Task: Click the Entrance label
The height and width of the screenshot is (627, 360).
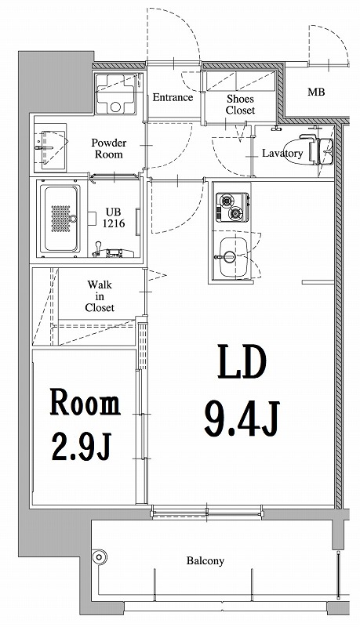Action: [173, 97]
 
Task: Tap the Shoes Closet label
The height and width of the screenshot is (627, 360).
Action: [240, 104]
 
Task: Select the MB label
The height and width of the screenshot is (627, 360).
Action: [316, 92]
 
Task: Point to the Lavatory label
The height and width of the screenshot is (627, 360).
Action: [282, 153]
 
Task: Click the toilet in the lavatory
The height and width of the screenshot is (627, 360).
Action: [317, 150]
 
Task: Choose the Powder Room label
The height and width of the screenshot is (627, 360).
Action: [109, 148]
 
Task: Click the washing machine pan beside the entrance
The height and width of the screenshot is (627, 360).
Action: [115, 95]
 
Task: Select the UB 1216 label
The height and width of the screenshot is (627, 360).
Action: [114, 218]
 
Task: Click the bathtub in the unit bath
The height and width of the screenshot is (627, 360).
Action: [60, 219]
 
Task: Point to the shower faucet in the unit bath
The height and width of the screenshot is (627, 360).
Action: [109, 250]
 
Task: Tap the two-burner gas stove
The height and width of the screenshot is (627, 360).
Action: [232, 207]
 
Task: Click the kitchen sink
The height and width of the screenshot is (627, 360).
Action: [233, 257]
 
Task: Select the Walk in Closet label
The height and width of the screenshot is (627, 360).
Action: [100, 296]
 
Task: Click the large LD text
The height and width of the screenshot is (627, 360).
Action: [242, 363]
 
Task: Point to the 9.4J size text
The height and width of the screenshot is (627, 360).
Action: [242, 419]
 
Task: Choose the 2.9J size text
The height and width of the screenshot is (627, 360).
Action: [81, 446]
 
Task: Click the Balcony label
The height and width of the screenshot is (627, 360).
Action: [205, 560]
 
